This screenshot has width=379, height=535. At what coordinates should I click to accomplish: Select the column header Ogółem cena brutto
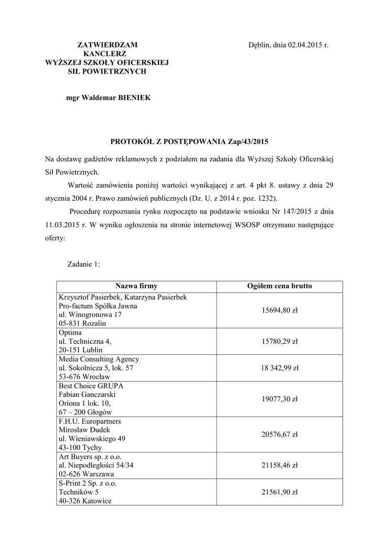pyautogui.click(x=279, y=286)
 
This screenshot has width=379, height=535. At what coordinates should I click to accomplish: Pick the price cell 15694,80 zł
pyautogui.click(x=279, y=310)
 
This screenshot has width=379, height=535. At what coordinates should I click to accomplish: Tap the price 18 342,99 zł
pyautogui.click(x=279, y=368)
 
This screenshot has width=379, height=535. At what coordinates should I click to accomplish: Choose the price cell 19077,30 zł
pyautogui.click(x=279, y=399)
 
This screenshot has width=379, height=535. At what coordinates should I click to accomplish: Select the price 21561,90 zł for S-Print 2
pyautogui.click(x=279, y=492)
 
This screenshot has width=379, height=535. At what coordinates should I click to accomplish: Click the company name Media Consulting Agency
pyautogui.click(x=99, y=359)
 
